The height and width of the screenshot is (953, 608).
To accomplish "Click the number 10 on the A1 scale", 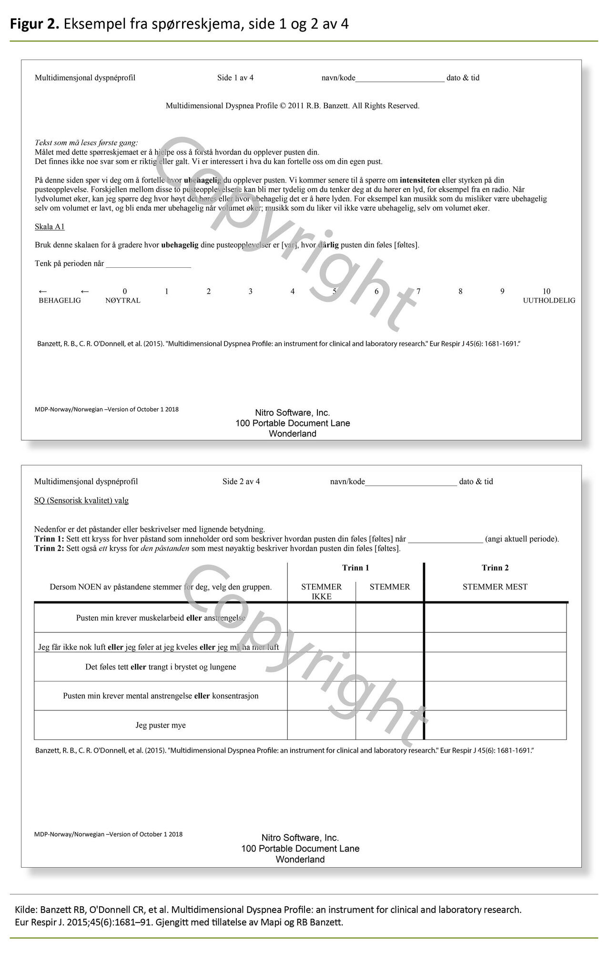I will point(546,291).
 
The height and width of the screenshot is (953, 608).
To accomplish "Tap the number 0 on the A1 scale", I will point(125,291).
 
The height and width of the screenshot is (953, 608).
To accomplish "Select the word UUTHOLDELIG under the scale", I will point(549,301).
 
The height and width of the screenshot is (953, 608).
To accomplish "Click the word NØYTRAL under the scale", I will point(123,301).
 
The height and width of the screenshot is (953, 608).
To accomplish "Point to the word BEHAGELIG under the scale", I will point(60,301).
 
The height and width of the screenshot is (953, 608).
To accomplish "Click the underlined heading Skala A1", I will point(50,227).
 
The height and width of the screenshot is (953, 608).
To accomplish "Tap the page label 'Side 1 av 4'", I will point(235,78).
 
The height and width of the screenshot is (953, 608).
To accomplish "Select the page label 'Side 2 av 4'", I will point(241,481).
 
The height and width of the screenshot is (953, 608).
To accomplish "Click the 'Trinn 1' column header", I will point(355,568).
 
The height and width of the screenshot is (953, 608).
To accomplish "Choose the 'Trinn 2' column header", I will point(495,568).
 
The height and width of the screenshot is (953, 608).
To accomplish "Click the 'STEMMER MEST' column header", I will point(495,587).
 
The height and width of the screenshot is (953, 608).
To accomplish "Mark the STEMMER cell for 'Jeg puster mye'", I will point(390,725).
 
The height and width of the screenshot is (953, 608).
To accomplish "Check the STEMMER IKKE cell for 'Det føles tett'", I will point(322,667).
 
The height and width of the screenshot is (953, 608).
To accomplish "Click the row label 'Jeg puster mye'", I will point(161,725).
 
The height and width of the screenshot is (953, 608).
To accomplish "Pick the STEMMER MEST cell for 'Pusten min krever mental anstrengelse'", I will point(495,696).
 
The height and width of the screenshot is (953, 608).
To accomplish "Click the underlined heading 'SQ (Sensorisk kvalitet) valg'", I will point(81,500).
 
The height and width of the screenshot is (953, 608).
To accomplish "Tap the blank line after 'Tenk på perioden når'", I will point(148,264).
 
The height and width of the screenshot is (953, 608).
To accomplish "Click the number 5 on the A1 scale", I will point(334,291).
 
